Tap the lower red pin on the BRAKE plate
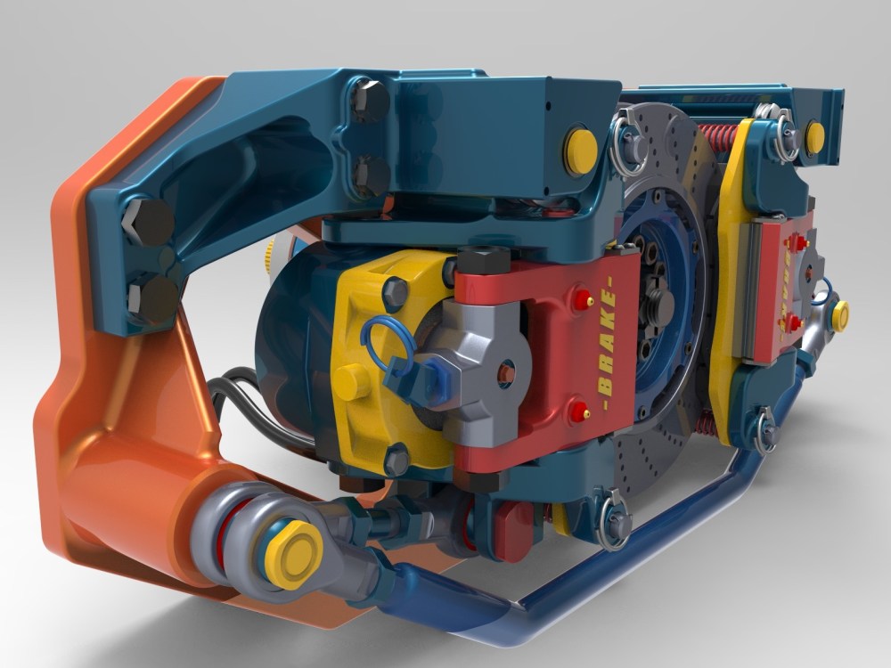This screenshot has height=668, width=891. [580, 411]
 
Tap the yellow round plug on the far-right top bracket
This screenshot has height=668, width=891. [814, 134]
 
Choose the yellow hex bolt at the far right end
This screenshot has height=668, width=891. [838, 313]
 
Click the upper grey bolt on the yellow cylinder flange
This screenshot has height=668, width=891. [392, 289]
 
